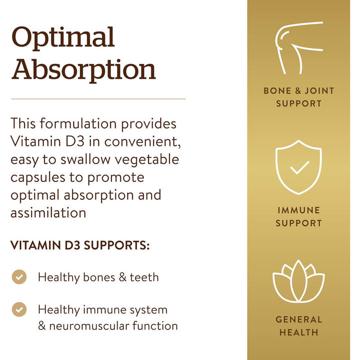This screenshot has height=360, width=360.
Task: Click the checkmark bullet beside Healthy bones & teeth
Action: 19,277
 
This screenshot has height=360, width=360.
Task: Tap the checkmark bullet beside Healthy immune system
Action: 19,309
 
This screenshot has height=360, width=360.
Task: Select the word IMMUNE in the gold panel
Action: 298,210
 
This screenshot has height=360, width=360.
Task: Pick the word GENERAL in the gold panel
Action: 299,319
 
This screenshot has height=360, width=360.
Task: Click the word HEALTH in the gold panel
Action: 299,332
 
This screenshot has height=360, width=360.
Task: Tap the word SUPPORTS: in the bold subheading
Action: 116,245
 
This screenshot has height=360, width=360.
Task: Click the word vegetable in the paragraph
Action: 147,159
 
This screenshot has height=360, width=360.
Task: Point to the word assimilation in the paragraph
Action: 48,213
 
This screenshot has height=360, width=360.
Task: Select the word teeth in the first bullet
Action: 144,277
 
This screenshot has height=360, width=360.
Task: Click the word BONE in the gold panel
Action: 277,91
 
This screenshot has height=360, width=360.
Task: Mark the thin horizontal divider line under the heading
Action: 98,99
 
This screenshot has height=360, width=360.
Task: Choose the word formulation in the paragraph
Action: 78,123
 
